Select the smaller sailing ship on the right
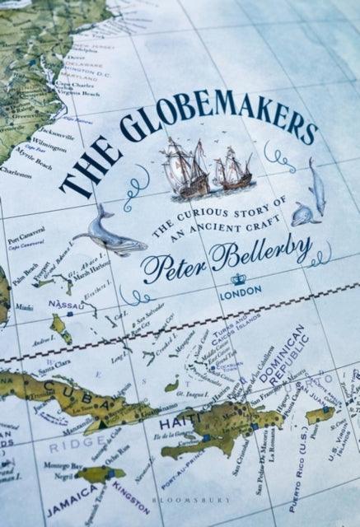pos(232,172)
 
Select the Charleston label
pos(16,175)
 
